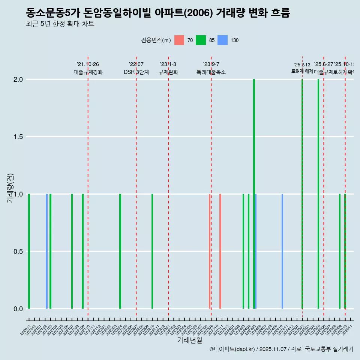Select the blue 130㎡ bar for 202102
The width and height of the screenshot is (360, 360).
[x=47, y=251]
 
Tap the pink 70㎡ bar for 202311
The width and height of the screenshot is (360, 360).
[x=220, y=251]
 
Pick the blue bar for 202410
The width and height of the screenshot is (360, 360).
[x=282, y=251]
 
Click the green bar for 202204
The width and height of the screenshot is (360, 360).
[x=120, y=251]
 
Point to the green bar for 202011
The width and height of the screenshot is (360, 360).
[x=29, y=251]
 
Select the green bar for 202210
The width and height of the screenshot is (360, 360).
[x=152, y=251]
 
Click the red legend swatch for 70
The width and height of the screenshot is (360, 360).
[x=179, y=40]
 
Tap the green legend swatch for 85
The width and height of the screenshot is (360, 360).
[x=201, y=40]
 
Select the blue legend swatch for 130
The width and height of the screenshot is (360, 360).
[x=222, y=40]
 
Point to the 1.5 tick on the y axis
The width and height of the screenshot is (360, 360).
[x=17, y=137]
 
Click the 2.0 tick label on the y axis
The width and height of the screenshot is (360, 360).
[x=17, y=79]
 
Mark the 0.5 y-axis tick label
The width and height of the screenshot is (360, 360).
[x=17, y=252]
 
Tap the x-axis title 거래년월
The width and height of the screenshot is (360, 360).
[x=189, y=340]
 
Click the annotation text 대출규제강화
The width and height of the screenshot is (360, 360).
[x=88, y=72]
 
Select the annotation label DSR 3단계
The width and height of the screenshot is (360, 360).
[x=136, y=72]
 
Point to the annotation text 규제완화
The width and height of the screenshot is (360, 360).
[x=168, y=72]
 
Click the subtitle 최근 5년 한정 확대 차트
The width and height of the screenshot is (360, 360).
[x=60, y=24]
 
